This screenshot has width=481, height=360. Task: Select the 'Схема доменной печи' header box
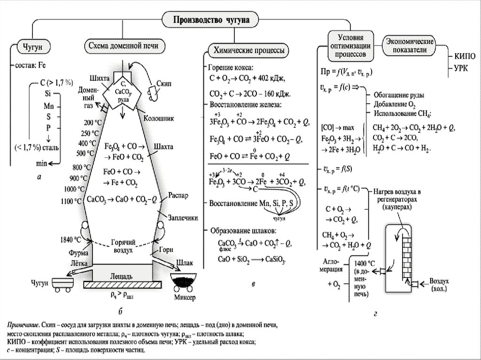[x=124, y=46]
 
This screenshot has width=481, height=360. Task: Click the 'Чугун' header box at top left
[x=33, y=46]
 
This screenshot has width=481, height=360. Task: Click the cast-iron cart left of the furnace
[x=62, y=283]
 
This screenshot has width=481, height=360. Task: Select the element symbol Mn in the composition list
[x=48, y=106]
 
